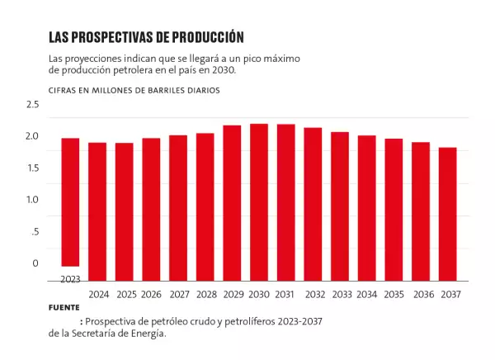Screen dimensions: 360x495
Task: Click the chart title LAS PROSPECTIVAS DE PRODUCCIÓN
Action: click(146, 37)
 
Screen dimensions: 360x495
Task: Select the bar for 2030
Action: click(259, 202)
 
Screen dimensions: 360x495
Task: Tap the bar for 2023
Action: click(70, 202)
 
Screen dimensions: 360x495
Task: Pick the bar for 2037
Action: click(448, 215)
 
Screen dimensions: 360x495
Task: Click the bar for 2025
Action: click(125, 212)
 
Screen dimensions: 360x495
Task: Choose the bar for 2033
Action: click(340, 206)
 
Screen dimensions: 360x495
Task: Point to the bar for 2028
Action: click(205, 207)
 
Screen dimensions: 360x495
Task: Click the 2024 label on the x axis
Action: click(98, 295)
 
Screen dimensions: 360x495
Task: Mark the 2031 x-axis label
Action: click(285, 295)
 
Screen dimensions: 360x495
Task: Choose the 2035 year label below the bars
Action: click(394, 295)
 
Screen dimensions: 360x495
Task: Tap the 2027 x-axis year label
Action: click(178, 295)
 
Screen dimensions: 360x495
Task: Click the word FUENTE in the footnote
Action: click(64, 307)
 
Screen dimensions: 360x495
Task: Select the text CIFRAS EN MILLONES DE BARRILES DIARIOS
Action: click(134, 89)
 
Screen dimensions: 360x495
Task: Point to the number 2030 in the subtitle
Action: click(222, 70)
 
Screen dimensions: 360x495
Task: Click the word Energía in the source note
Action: click(148, 334)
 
